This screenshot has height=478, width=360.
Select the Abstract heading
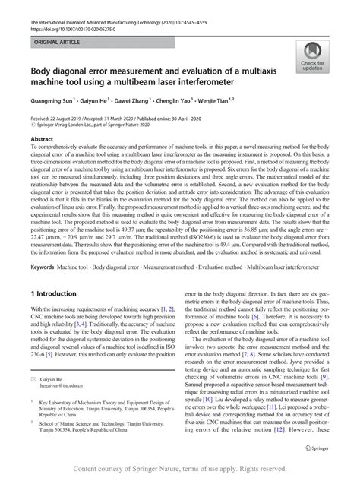41,140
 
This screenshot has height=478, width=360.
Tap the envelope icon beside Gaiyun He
33,377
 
